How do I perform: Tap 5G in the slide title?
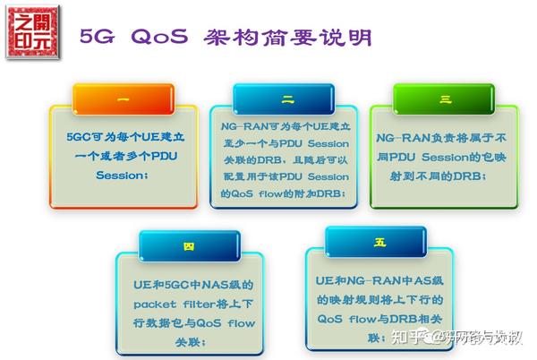(98, 37)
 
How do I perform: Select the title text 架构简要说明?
(286, 37)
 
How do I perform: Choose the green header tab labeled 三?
(445, 99)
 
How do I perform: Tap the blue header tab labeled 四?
(189, 244)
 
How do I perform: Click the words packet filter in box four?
(171, 303)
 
